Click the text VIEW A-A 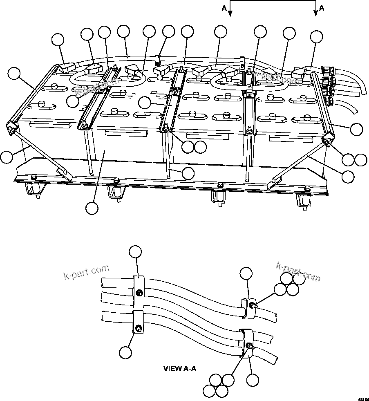click(180, 368)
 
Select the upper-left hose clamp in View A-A click(139, 291)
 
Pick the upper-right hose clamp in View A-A click(248, 307)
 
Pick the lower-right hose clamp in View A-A click(247, 341)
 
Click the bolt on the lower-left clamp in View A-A click(139, 328)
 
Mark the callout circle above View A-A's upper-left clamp click(135, 252)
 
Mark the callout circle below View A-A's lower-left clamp click(125, 352)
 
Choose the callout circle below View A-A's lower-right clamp click(253, 380)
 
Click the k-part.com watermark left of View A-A click(87, 272)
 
